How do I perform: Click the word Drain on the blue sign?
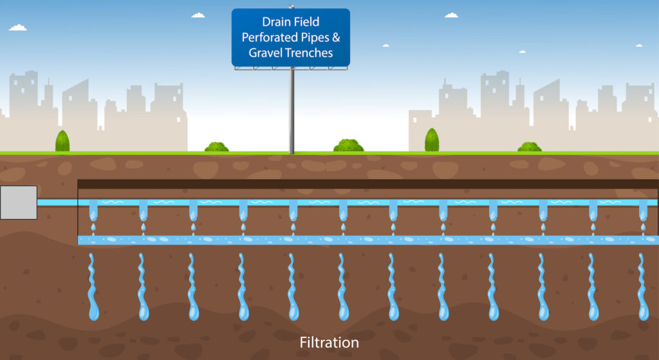pos(275,22)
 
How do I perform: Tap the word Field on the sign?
pos(306,22)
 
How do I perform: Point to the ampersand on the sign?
pos(336,37)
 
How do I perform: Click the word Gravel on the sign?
pos(265,53)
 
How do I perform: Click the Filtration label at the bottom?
pos(329,343)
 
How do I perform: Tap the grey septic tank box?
pos(19,202)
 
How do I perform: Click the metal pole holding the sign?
pos(292,110)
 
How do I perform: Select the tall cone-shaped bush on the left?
pos(62,141)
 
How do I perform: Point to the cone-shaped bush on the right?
pos(432,140)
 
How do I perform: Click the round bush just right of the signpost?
pos(348,146)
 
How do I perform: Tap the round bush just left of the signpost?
pos(216,147)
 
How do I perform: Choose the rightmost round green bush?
pos(529,147)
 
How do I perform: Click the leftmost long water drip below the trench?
pos(93,287)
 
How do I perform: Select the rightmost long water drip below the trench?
pos(643,287)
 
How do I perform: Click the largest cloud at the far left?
pos(17,28)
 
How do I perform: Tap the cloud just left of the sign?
pos(198,15)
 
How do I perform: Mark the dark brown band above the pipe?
pos(367,184)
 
